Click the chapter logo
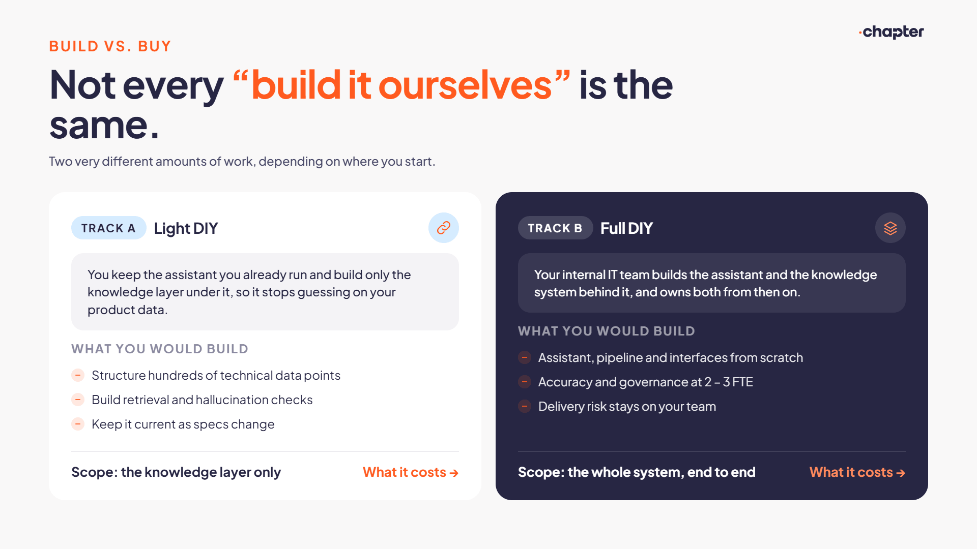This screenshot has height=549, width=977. tap(891, 32)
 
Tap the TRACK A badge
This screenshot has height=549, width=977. tap(108, 228)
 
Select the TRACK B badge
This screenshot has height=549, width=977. tap(555, 228)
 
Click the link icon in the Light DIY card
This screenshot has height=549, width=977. tap(444, 228)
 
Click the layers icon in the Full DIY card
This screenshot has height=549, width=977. tap(890, 228)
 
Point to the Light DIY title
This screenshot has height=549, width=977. tap(186, 229)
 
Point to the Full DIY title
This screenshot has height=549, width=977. tap(626, 228)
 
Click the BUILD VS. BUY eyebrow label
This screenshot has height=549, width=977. tap(110, 46)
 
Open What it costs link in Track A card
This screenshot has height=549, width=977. tap(411, 472)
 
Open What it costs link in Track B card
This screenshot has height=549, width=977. tap(857, 472)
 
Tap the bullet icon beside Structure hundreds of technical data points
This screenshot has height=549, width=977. tap(78, 375)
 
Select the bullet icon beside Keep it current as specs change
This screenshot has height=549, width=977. tap(78, 424)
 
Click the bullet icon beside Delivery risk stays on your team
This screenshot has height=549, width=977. tap(525, 406)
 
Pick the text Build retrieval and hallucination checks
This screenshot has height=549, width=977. tap(202, 400)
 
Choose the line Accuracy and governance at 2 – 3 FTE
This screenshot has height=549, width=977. tap(646, 382)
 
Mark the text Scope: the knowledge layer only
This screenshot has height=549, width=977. tap(176, 472)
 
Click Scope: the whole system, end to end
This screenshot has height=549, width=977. tap(637, 472)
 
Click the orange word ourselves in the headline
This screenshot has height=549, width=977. tap(465, 85)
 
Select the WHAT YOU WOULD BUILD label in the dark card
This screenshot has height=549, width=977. tap(607, 331)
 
